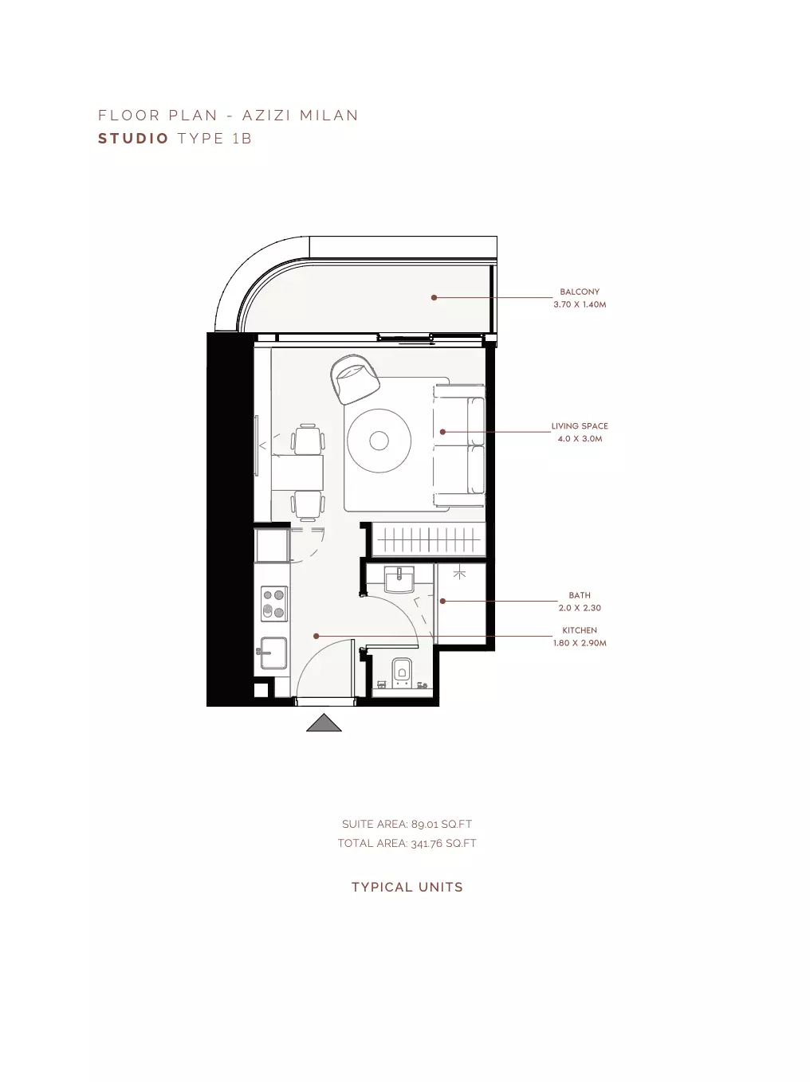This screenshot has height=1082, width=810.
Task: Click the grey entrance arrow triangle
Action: click(324, 723)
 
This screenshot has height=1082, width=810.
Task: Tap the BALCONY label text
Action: click(580, 292)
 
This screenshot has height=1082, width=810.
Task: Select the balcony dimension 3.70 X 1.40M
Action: click(580, 304)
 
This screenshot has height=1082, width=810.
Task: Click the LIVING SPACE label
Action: click(580, 426)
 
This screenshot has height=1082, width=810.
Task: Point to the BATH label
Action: click(580, 595)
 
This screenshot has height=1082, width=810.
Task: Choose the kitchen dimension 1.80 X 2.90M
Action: click(580, 643)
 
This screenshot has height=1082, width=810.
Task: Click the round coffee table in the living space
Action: click(379, 441)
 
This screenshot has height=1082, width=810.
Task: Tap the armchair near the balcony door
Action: click(355, 378)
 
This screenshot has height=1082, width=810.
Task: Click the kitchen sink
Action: click(273, 653)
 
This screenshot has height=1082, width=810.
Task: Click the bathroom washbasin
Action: click(399, 579)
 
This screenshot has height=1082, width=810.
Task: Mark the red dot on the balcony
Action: click(434, 297)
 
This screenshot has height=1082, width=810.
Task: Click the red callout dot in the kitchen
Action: click(316, 636)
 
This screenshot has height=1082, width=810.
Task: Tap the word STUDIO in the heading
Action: click(134, 139)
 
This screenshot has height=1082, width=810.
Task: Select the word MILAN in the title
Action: click(328, 116)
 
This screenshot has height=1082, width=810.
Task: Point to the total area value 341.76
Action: click(427, 844)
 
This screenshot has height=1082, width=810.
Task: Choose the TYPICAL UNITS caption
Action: click(407, 888)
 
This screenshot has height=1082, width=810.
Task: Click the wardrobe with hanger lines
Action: click(429, 539)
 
